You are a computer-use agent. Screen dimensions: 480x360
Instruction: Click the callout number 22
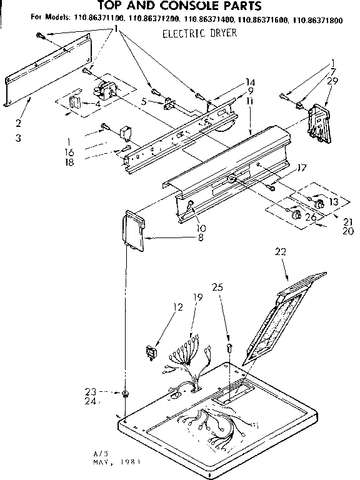click(280, 252)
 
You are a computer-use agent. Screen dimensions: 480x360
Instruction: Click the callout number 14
click(250, 82)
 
